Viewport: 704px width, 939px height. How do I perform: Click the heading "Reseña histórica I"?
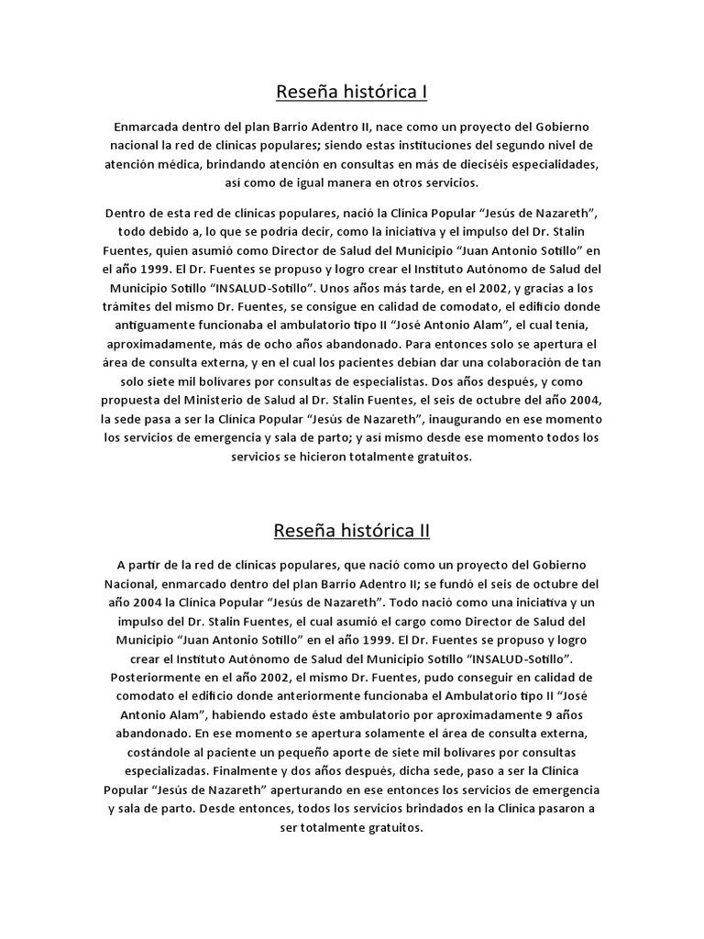coord(352,93)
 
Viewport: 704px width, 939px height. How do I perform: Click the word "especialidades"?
coord(636,164)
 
